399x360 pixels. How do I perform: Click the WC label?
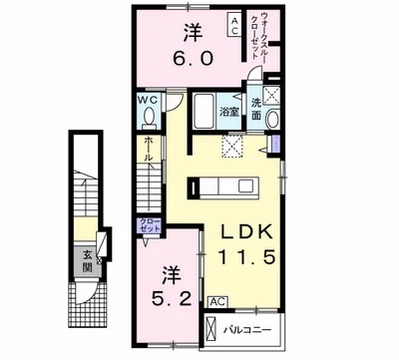148,102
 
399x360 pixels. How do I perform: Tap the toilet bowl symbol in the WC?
148,119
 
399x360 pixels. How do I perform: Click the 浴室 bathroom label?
228,111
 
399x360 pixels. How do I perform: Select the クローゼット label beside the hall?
149,225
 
